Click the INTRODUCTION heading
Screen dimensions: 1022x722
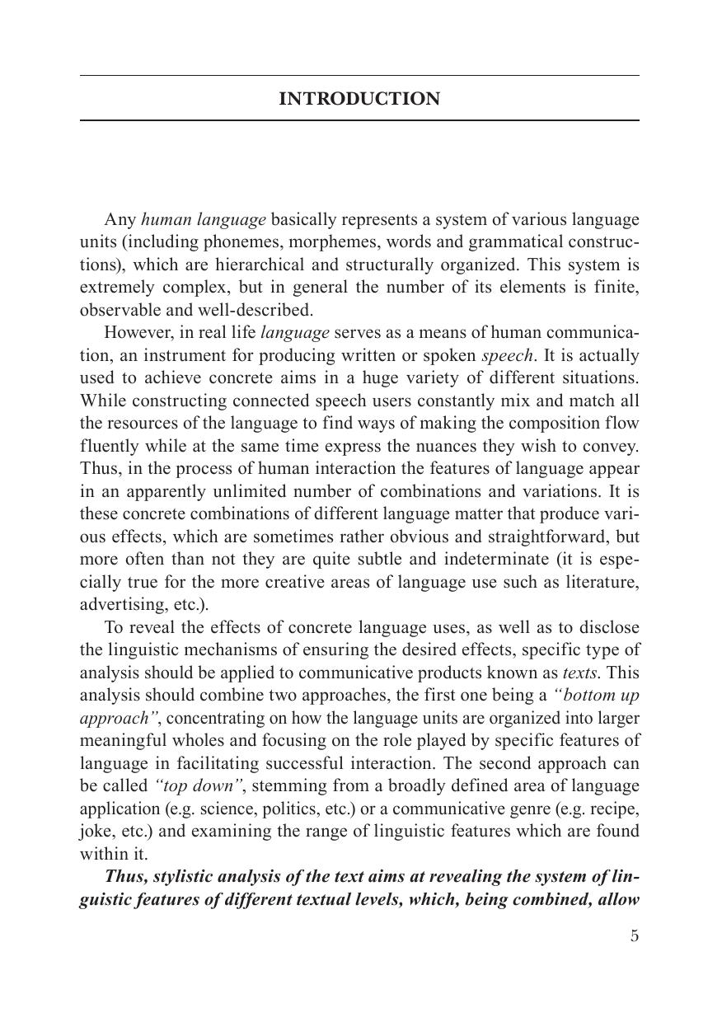tap(359, 99)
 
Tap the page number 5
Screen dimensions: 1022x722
tap(634, 935)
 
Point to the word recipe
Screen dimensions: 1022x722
tap(617, 809)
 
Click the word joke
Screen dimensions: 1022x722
tap(96, 832)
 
